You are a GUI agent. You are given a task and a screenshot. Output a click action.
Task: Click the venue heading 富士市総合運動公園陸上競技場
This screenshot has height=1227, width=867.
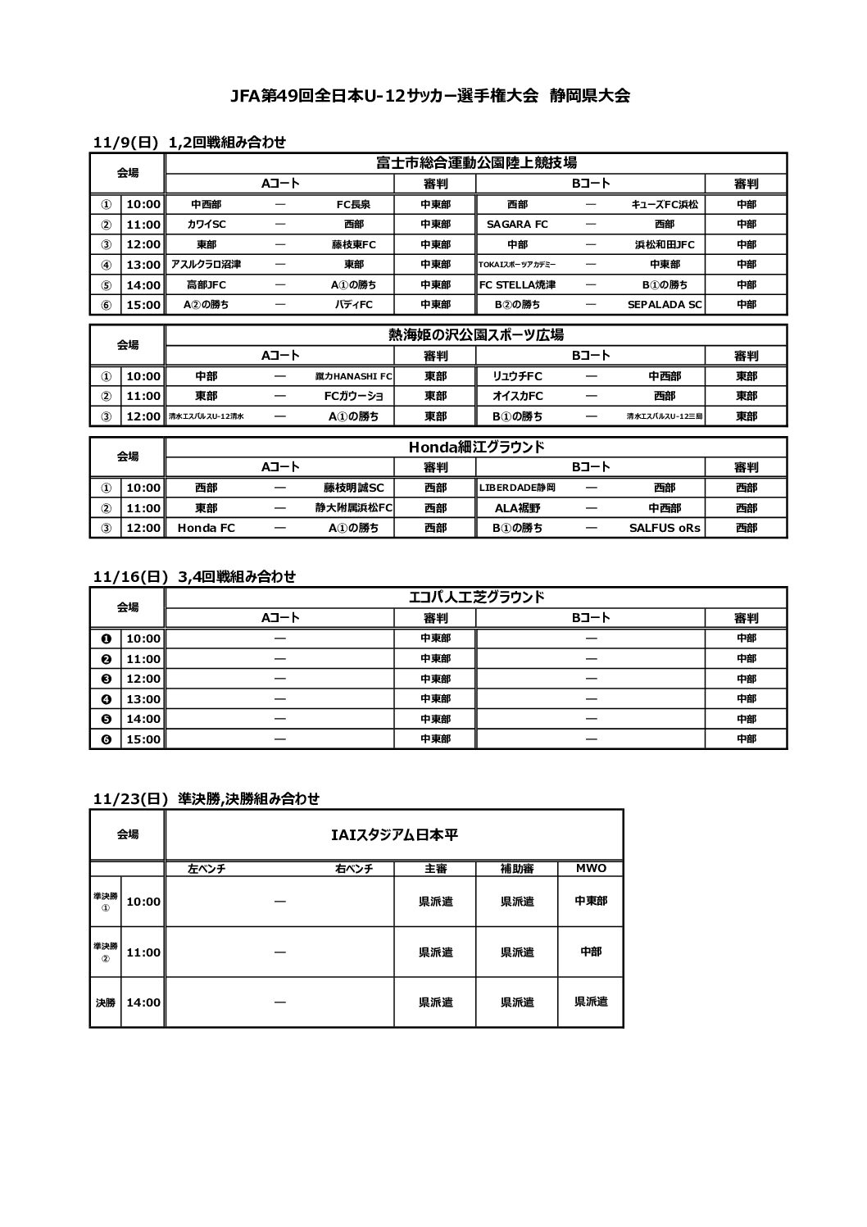coord(476,162)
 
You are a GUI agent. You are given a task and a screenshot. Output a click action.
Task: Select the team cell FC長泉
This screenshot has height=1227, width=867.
coord(353,204)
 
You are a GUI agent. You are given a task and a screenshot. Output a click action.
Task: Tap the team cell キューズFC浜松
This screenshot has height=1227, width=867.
coord(665,204)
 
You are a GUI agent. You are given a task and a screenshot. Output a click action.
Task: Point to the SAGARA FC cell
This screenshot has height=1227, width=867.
coord(517,224)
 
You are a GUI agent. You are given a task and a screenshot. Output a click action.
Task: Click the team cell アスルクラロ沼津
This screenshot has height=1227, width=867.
coord(206,264)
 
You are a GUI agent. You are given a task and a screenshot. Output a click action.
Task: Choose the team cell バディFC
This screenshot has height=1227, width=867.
coord(353,304)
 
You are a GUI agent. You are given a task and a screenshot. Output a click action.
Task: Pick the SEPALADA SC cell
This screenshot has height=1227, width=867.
coord(665,304)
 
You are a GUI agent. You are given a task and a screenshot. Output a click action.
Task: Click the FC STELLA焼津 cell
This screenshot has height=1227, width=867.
coord(517,284)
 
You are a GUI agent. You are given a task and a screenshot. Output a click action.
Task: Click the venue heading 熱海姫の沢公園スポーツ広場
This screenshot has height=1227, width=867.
coord(476,334)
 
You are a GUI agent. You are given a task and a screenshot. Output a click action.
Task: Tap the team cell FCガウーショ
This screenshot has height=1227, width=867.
coord(353,396)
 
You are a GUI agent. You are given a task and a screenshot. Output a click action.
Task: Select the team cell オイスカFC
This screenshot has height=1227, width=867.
coord(517,396)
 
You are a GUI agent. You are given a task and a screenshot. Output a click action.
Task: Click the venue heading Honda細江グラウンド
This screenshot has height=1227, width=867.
coord(476,447)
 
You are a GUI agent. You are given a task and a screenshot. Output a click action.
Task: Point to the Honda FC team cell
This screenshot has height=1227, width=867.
coord(206,528)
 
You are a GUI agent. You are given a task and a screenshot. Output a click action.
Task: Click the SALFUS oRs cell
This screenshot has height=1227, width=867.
coord(665,528)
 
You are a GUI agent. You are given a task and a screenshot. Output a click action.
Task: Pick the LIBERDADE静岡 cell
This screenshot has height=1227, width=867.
coord(517,488)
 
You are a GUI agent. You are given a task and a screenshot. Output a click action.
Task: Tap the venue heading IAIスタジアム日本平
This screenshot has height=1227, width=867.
coord(394,834)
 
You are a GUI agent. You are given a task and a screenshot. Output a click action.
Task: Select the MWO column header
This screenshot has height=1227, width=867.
coord(591,868)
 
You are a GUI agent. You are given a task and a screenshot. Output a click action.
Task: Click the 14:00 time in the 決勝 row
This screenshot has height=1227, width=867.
coord(143,1002)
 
